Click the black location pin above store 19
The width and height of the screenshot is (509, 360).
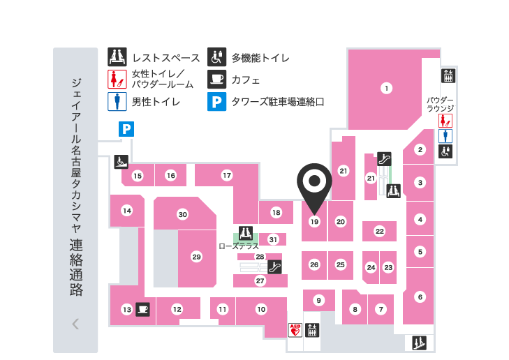(314, 183)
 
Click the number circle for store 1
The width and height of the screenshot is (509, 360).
(385, 88)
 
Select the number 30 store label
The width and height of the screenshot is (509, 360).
(183, 214)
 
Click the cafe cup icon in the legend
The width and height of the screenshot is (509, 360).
(216, 79)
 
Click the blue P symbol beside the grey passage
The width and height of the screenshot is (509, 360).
(126, 128)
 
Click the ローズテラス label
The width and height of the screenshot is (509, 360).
(239, 246)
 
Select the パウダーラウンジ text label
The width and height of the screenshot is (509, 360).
(441, 104)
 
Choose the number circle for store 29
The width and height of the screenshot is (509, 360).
(196, 257)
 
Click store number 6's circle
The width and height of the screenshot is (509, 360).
(420, 297)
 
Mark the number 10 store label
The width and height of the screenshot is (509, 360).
(261, 308)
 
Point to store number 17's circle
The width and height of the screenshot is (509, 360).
(227, 175)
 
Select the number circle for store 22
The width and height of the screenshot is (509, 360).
(380, 231)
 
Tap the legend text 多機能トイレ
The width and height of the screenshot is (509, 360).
(260, 58)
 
